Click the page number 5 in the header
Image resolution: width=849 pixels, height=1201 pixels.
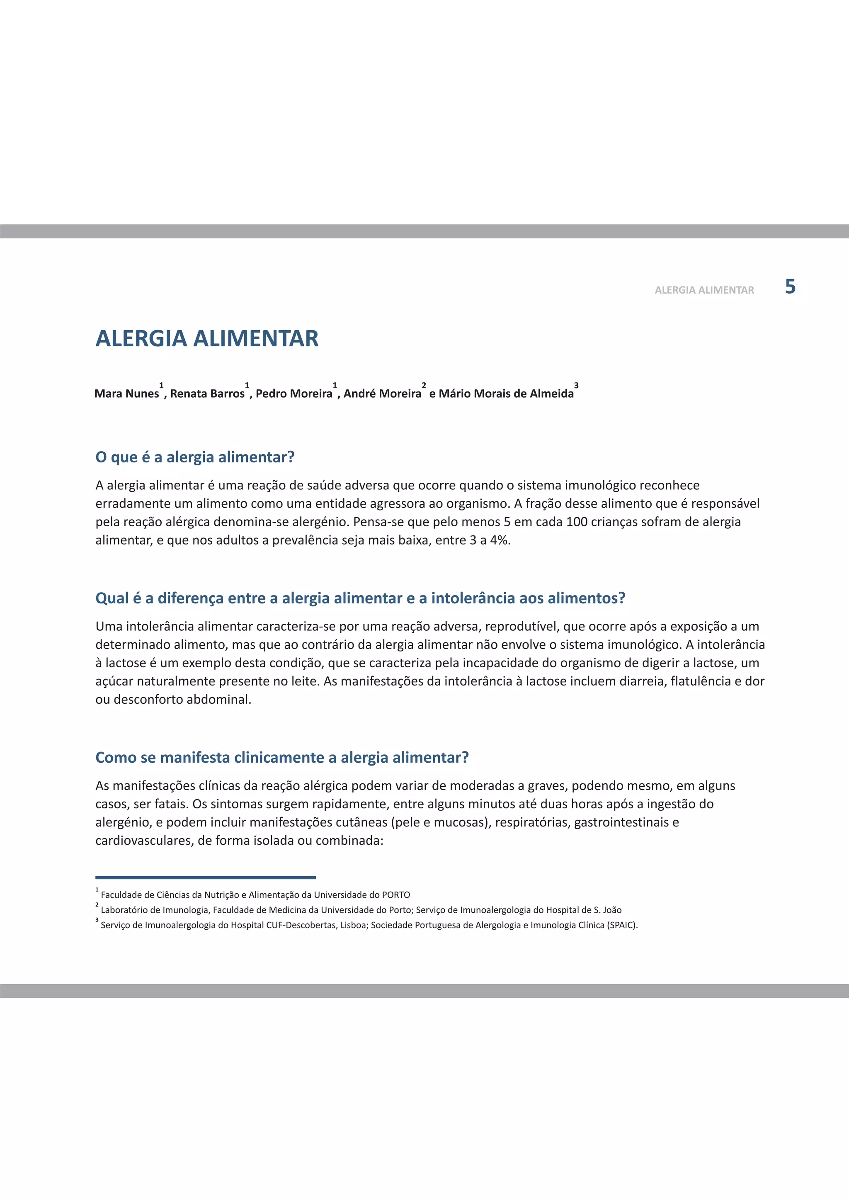[790, 287]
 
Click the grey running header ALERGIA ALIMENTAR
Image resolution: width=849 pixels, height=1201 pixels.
[704, 290]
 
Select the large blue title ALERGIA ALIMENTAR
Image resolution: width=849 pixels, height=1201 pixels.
[207, 338]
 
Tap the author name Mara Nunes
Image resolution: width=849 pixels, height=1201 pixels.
[126, 394]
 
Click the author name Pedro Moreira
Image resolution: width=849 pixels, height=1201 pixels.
[294, 394]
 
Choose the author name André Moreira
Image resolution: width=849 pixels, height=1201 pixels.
[382, 394]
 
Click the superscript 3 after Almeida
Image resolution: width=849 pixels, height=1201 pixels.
[576, 386]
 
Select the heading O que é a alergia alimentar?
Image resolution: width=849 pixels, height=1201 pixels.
[195, 457]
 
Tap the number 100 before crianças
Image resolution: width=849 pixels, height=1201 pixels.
[577, 522]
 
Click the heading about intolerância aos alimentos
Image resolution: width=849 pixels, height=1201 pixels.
[360, 598]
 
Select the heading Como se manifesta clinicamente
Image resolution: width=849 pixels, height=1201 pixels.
[282, 757]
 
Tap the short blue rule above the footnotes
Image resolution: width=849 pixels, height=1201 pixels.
[206, 877]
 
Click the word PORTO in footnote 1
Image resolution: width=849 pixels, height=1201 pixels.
[396, 895]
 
